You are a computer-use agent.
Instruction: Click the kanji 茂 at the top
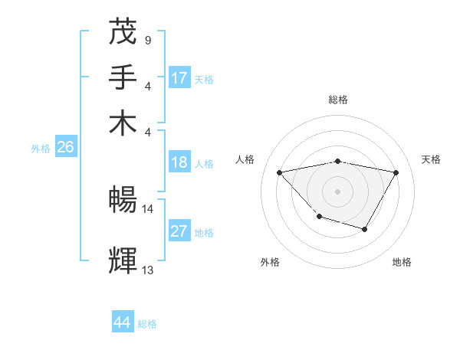123,31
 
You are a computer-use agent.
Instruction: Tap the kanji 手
123,76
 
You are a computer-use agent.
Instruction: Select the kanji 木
123,122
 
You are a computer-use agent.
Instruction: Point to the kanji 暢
123,200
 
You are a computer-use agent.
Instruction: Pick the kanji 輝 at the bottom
123,260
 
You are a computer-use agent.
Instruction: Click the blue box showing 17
179,78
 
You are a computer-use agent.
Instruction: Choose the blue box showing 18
179,162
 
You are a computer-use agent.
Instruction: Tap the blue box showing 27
179,231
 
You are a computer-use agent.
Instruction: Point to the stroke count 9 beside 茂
147,39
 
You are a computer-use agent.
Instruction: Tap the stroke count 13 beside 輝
148,270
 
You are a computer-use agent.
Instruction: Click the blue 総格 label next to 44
147,324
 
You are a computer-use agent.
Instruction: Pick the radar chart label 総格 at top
338,100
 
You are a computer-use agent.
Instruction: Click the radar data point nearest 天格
396,173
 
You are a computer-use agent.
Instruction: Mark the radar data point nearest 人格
280,172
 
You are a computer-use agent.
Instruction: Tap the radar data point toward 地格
365,229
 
